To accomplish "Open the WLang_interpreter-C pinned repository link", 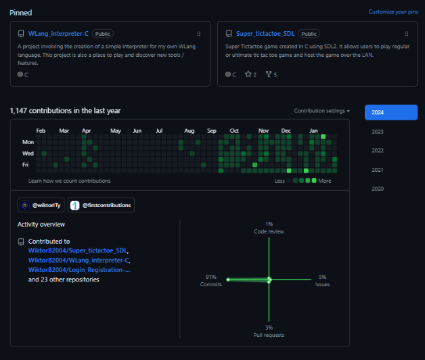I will click(58, 33).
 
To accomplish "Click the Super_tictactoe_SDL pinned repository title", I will click(266, 33).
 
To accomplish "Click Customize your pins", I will click(393, 12).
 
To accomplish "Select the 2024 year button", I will click(390, 112).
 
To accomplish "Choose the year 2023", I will click(378, 132).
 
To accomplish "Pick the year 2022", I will click(378, 151).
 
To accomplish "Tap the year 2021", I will click(378, 170).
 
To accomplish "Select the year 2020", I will click(378, 189).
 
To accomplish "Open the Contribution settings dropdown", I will click(321, 110).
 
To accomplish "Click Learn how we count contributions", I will click(70, 181).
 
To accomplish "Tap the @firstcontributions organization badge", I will click(101, 205).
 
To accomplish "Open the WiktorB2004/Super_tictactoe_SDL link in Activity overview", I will click(78, 250).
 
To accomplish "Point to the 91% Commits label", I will click(211, 280).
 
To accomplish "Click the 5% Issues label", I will click(322, 280).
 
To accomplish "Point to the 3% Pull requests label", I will click(269, 331).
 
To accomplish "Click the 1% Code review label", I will click(269, 227).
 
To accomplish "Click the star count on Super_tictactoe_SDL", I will click(251, 74).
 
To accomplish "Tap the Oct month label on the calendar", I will click(233, 130).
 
